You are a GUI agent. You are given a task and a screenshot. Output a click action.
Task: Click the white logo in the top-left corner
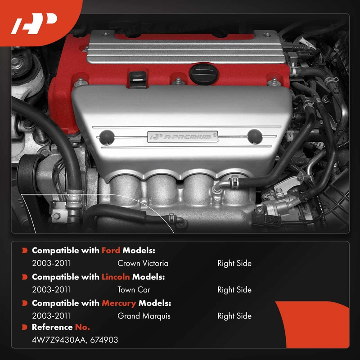coord(34,23)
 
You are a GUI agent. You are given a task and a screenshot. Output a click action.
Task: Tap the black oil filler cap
coord(203,74)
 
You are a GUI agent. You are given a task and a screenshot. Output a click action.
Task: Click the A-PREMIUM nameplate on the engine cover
coord(183,137)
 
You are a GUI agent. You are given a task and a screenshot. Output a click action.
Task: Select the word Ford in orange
coord(111,250)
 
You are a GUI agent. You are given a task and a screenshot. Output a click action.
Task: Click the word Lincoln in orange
coord(116,277)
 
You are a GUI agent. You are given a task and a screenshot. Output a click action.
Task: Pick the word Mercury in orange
coord(119,303)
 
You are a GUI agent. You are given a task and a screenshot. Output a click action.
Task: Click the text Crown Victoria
coord(143,263)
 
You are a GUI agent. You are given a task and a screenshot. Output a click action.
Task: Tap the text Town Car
coord(134,290)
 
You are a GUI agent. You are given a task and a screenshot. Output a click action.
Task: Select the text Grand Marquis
coord(144,316)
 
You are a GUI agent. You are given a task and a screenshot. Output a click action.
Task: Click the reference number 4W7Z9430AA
coord(59,340)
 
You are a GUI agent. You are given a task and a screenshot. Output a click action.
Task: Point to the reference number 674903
coord(104,340)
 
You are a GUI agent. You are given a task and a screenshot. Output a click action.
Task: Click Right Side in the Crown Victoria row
coord(234,263)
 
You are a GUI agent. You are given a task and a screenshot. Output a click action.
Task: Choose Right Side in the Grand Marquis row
coord(234,316)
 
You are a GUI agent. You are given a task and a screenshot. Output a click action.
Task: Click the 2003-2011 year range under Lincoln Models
coord(51,290)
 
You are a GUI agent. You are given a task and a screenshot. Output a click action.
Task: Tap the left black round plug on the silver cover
coord(107,137)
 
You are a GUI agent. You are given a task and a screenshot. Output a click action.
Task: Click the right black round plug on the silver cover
coord(255,137)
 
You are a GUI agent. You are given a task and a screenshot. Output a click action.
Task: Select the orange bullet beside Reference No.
coord(25,327)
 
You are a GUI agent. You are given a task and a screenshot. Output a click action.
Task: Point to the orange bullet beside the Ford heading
coord(25,250)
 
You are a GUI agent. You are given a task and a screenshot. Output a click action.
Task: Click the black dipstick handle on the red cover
coord(138,80)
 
